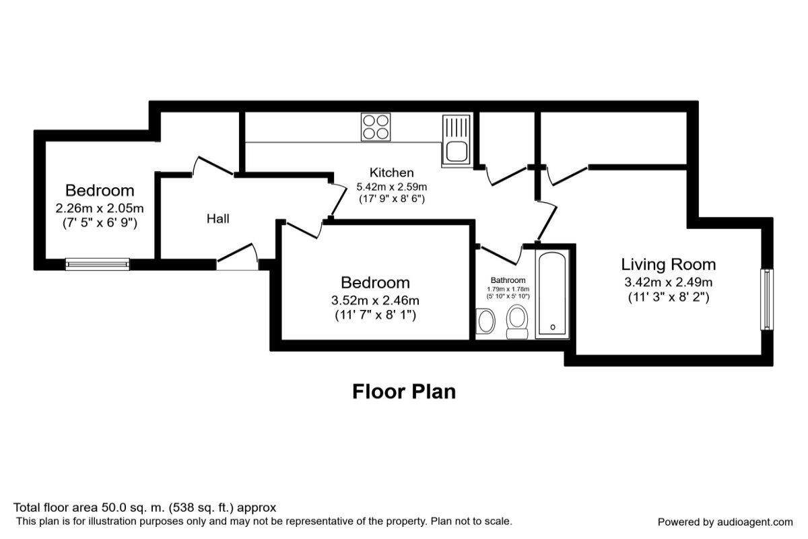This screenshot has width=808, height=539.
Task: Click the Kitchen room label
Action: click(391, 172)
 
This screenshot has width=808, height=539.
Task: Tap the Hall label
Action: click(217, 218)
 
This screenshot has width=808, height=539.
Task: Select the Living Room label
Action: click(668, 264)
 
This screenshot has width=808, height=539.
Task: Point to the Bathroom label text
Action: click(508, 280)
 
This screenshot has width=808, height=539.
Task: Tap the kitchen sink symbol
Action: click(456, 139)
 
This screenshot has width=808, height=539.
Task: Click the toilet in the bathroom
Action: click(517, 321)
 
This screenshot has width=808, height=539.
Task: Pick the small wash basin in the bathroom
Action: click(485, 321)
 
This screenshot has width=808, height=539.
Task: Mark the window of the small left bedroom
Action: click(98, 264)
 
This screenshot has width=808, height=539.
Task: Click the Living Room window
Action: click(766, 299)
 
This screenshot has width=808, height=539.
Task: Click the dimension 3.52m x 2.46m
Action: click(375, 300)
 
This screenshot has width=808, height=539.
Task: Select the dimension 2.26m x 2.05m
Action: click(100, 208)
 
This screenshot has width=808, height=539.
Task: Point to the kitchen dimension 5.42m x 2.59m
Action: click(391, 187)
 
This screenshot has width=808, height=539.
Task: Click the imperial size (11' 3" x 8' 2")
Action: click(668, 296)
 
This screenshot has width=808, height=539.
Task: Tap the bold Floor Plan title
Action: click(404, 391)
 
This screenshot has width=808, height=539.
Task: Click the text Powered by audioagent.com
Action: click(725, 521)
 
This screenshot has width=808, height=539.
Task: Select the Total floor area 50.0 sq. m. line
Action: click(145, 507)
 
